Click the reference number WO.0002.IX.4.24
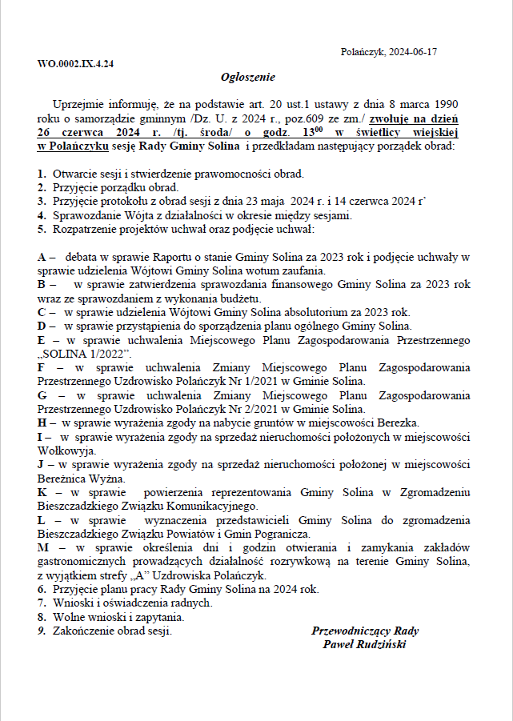(75, 63)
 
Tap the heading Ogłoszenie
(248, 77)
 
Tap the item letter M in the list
(43, 548)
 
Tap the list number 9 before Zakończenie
(41, 631)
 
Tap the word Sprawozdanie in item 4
(85, 214)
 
